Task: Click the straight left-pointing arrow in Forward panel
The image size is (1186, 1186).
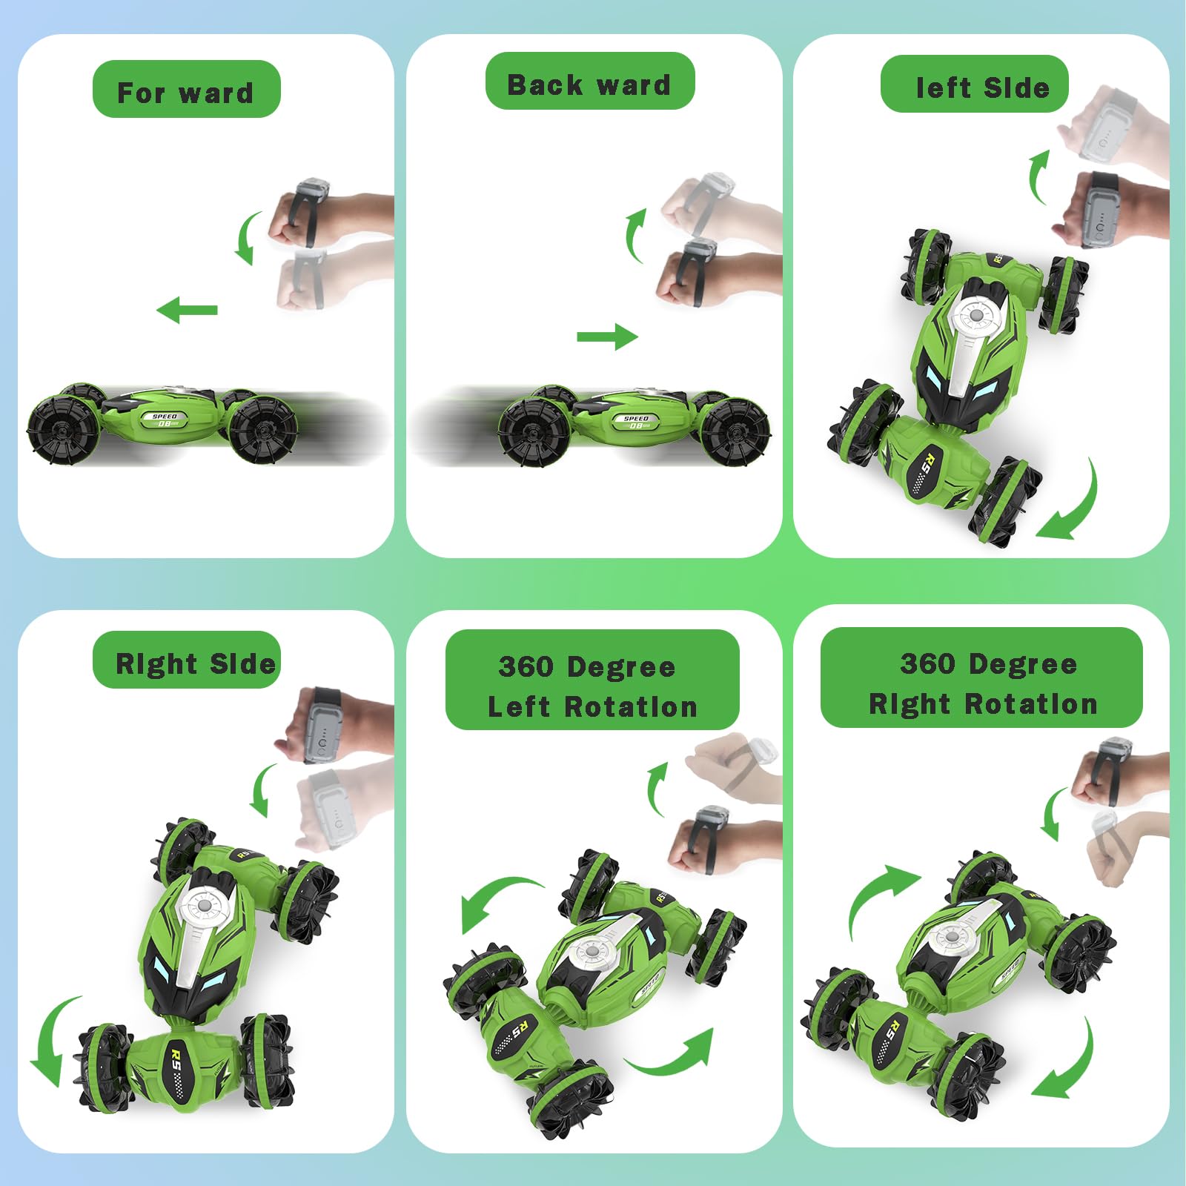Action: pyautogui.click(x=187, y=310)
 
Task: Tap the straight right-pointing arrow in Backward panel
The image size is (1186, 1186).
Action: pyautogui.click(x=607, y=337)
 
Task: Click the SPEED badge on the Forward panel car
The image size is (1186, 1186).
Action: pyautogui.click(x=164, y=420)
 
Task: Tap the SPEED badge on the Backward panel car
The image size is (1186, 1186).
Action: pyautogui.click(x=635, y=423)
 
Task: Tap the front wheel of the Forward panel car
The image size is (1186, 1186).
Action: pyautogui.click(x=63, y=430)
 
